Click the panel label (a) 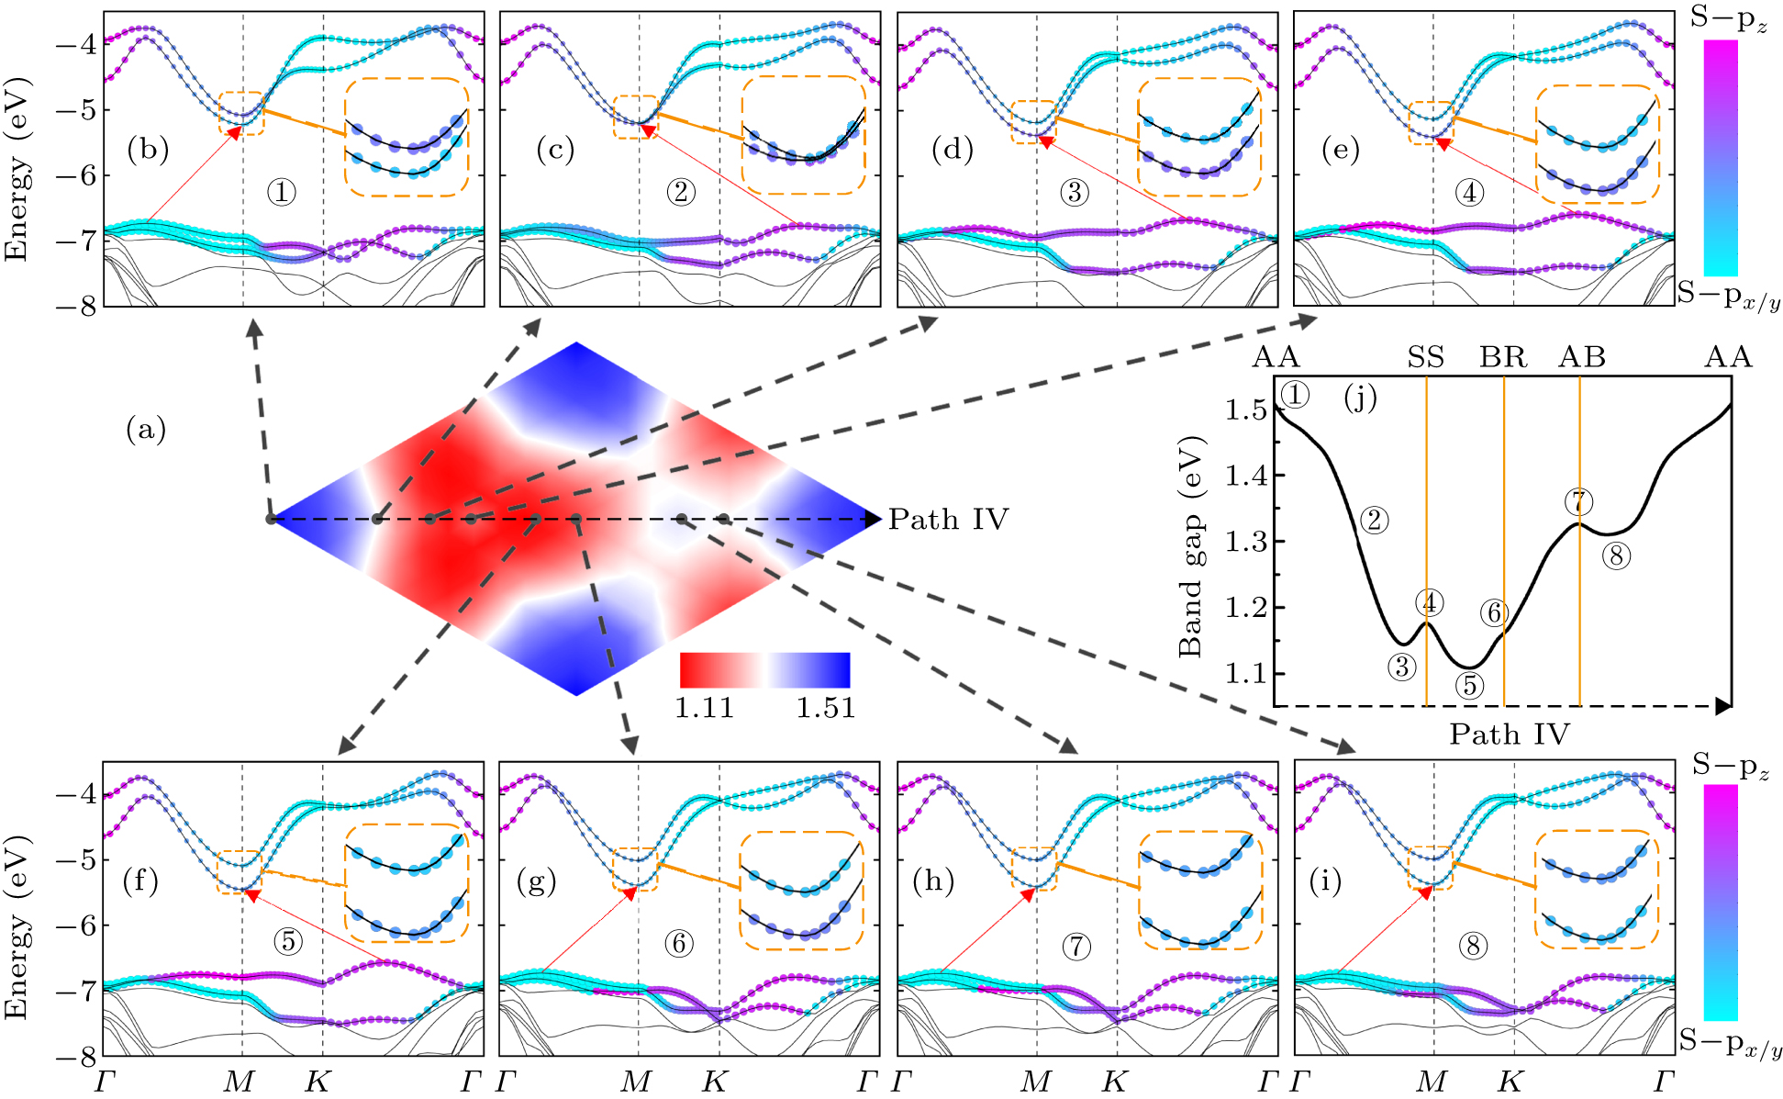[146, 429]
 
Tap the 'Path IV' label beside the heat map [948, 520]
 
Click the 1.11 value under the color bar [704, 708]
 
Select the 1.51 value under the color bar [825, 708]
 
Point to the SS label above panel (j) [1425, 357]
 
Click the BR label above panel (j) [1503, 357]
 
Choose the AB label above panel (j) [1582, 357]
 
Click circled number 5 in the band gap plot [1469, 685]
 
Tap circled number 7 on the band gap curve [1578, 502]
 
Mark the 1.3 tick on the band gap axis [1245, 542]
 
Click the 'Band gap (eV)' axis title [1190, 546]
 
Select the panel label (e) [1340, 150]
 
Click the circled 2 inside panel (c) [680, 192]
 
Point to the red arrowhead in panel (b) [235, 132]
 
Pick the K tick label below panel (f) [317, 1082]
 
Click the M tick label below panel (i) [1432, 1082]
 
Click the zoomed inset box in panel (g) [801, 890]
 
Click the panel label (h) [933, 881]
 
